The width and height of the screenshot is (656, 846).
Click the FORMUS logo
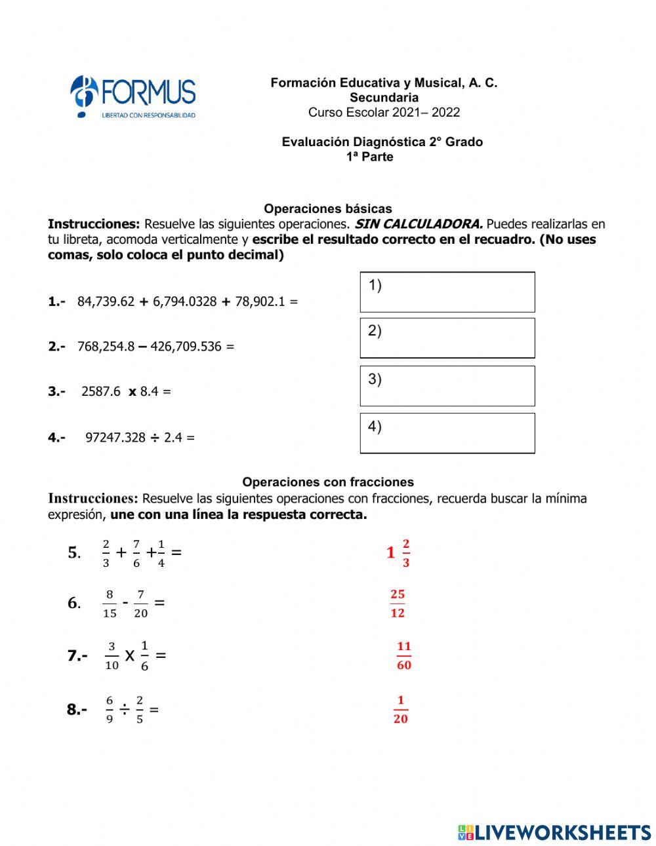pos(133,96)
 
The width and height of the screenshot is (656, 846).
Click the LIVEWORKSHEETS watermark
pos(554,832)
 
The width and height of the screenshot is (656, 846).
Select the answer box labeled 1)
pos(447,292)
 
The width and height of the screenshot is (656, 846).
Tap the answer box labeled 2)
pos(447,338)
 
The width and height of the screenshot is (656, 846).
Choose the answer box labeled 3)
pos(447,386)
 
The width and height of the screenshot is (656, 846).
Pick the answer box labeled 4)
pos(447,433)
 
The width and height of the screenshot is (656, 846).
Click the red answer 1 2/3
pos(398,553)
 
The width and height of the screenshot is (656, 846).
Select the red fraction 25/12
pos(398,604)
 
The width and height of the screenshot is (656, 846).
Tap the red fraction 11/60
pos(404,656)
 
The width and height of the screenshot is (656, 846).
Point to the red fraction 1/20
pos(401,710)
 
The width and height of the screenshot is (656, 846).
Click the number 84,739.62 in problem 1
pos(106,302)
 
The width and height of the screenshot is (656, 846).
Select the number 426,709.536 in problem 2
pos(186,347)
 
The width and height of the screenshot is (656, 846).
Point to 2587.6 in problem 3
pos(101,392)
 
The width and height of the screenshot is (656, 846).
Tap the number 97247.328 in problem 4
pos(115,438)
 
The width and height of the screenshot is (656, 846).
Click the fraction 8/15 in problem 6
pos(110,604)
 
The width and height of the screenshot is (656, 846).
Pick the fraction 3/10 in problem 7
pos(112,656)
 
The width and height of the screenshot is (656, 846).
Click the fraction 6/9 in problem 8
pos(109,710)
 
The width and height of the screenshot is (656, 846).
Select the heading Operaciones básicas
pos(328,209)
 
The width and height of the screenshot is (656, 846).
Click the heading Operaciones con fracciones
pos(328,482)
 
